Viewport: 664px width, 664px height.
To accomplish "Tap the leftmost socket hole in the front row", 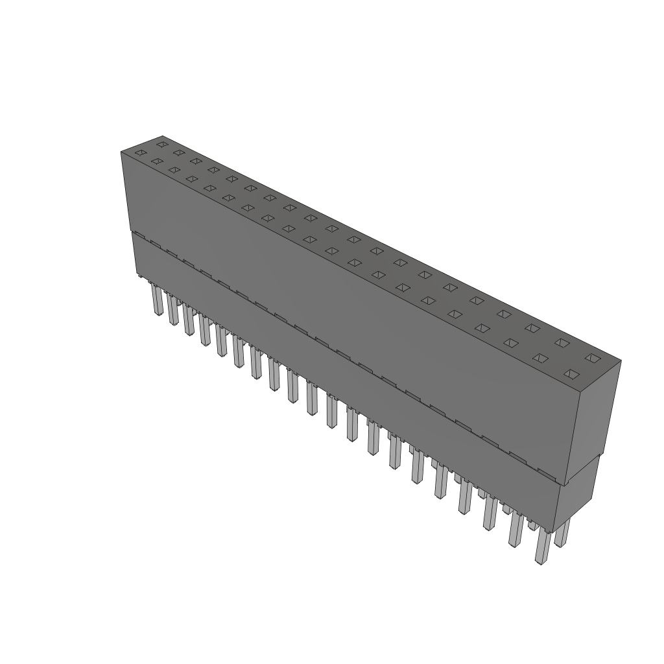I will (x=139, y=153).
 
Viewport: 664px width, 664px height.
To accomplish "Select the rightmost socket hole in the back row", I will (x=591, y=357).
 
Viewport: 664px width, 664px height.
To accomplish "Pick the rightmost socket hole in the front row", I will (x=571, y=373).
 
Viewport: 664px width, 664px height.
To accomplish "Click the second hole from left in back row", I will (x=179, y=152).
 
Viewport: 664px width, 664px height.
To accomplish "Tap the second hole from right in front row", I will (x=540, y=358).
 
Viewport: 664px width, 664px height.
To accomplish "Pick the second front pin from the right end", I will (x=516, y=530).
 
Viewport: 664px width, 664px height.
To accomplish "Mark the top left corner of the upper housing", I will (x=121, y=152).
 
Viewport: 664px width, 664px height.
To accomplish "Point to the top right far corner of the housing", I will (x=621, y=361).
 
